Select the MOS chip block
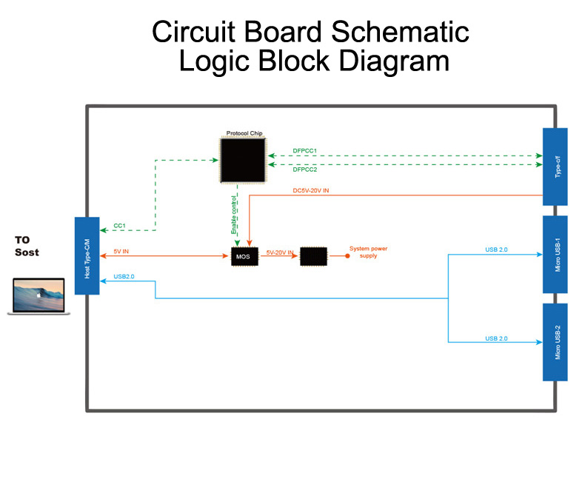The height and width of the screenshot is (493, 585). click(x=242, y=257)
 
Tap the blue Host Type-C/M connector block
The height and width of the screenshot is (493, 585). click(x=87, y=255)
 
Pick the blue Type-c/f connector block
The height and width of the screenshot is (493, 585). click(x=555, y=167)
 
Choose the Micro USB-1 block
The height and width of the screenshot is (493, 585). click(x=555, y=255)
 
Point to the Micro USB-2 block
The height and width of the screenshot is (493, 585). click(x=555, y=342)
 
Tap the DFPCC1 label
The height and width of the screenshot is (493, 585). click(x=304, y=151)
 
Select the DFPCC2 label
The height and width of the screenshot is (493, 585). click(x=304, y=170)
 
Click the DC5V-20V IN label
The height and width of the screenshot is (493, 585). click(x=311, y=190)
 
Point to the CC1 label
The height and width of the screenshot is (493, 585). click(x=118, y=225)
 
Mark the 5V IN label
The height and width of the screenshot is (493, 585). click(x=121, y=252)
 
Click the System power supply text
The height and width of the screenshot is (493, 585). click(x=368, y=252)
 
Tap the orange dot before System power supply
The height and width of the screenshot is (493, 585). click(x=347, y=257)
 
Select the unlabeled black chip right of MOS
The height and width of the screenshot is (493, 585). click(x=313, y=257)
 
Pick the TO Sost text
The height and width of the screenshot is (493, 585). click(x=27, y=246)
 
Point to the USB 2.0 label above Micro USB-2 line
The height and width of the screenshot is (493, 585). click(x=496, y=338)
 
